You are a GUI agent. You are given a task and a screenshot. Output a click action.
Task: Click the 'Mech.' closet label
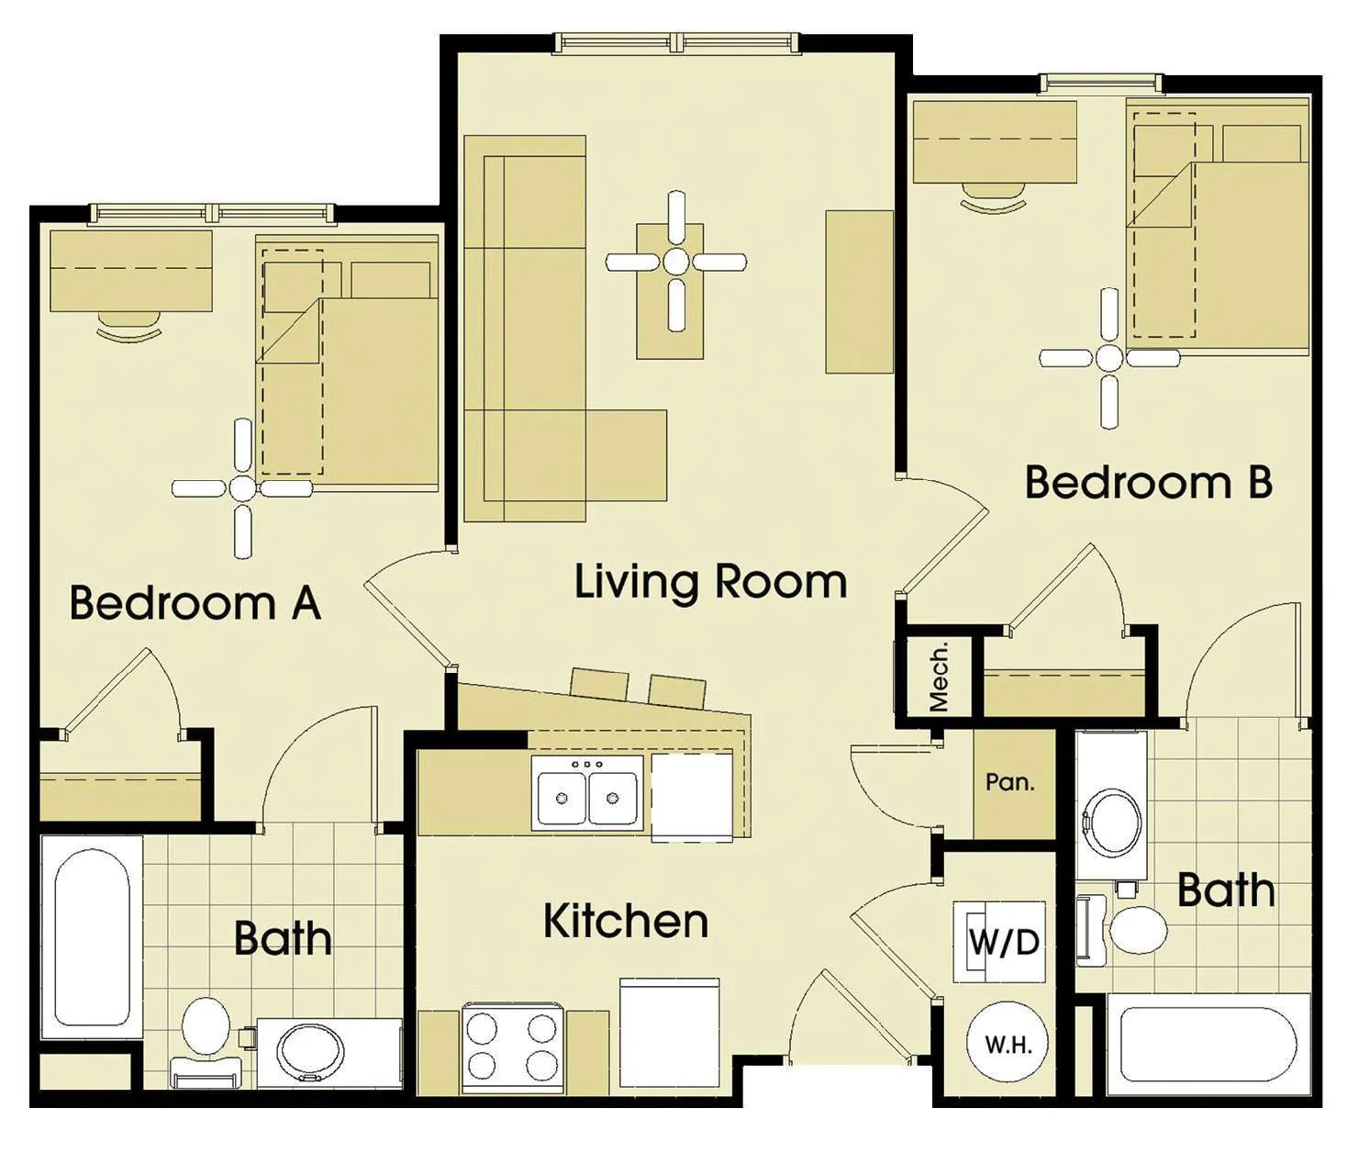coord(939,677)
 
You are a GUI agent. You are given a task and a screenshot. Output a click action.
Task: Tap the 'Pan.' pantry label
coord(1009,782)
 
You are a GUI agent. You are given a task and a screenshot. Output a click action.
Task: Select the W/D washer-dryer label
coord(1004,942)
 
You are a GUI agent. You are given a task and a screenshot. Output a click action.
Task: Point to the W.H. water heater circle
coord(1008,1045)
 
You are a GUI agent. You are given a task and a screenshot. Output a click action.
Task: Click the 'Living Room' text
coord(710,582)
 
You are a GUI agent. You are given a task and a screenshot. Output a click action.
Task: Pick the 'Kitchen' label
coord(626,922)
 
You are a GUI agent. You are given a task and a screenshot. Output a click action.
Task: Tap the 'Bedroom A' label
coord(195,603)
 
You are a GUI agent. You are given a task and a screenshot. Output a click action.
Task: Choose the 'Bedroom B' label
coord(1148,482)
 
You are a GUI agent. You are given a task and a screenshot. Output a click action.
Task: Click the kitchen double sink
coord(587,794)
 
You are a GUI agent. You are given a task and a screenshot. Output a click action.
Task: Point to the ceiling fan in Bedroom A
coord(242,487)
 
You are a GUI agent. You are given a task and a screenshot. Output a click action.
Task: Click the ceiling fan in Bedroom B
coord(1108,358)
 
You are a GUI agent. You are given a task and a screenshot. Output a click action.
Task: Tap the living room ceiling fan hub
coord(675,262)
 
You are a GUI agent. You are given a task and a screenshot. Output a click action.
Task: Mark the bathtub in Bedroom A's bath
coord(91,937)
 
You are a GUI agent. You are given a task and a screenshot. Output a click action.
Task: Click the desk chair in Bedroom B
coord(993,198)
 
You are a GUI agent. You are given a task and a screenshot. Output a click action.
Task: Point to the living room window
coord(677,42)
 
